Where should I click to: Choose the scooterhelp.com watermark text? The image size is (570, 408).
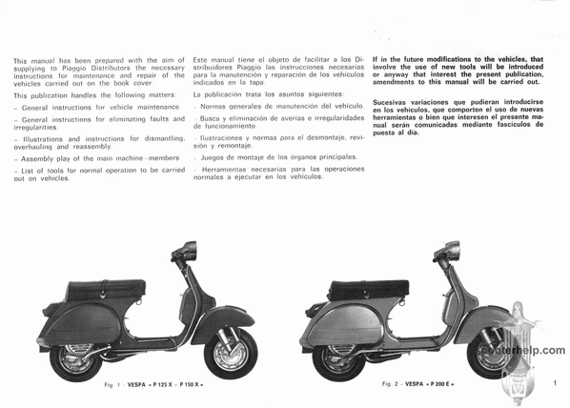point(521,350)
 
